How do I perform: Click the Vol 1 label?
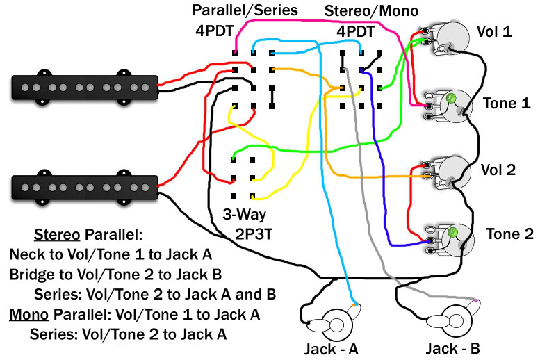point(494,31)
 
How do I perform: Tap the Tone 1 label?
point(507,104)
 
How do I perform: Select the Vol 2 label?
point(498,170)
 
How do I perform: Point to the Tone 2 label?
point(509,234)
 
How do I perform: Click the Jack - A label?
point(332,349)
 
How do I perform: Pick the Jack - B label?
point(453,348)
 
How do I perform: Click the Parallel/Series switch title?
point(245,10)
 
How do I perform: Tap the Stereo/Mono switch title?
point(371,11)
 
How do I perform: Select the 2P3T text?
point(254,234)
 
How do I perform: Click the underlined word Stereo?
point(57,235)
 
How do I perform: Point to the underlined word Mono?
point(28,315)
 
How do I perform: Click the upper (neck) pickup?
point(84,88)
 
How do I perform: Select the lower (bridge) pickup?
point(84,187)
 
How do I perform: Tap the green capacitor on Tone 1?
point(451,98)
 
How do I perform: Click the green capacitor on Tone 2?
point(452,233)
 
